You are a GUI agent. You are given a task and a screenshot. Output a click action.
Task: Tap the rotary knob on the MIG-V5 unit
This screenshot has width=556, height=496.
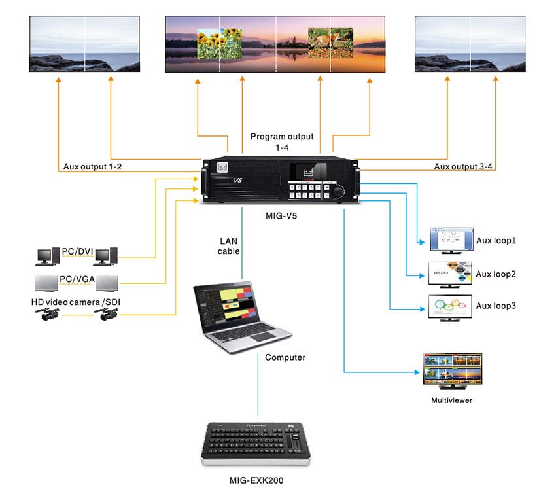click(x=339, y=191)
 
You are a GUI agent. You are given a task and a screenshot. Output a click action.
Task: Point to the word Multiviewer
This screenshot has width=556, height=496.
click(x=451, y=400)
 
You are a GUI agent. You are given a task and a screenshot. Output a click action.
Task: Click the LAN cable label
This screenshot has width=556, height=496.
click(x=229, y=246)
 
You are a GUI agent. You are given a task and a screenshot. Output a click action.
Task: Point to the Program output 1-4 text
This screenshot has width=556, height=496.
click(x=282, y=142)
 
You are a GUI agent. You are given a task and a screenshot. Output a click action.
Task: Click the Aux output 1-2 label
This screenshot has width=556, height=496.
click(x=92, y=167)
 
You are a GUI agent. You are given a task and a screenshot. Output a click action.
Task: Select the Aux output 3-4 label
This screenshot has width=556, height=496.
click(x=464, y=167)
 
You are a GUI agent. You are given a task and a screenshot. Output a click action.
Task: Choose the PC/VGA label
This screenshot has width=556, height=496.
click(x=76, y=279)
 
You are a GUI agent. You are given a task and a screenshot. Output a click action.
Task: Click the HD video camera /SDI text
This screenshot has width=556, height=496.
click(x=76, y=302)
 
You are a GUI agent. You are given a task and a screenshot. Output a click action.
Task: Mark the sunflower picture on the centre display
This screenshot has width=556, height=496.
click(x=219, y=43)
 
